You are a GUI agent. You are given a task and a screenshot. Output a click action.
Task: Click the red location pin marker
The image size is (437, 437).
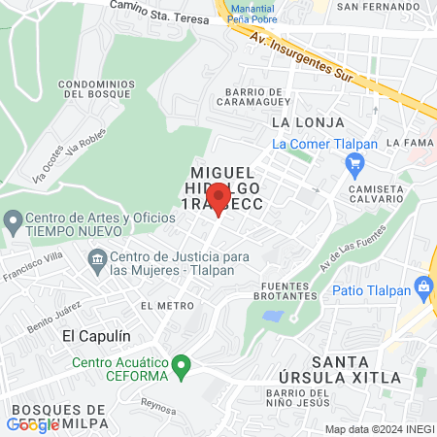(218, 197)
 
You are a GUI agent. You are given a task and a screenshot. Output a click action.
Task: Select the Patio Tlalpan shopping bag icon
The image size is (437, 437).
(422, 287)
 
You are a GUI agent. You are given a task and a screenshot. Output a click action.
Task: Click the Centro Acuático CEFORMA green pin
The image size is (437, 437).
(181, 367)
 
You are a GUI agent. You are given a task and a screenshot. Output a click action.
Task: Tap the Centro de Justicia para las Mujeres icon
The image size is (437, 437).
(97, 258)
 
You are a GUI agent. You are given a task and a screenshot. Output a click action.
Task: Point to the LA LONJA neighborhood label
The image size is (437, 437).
(299, 122)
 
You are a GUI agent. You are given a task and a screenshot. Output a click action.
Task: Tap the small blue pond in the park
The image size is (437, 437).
(273, 317)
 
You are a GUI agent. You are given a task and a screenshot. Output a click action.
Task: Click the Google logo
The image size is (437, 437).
(33, 424)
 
